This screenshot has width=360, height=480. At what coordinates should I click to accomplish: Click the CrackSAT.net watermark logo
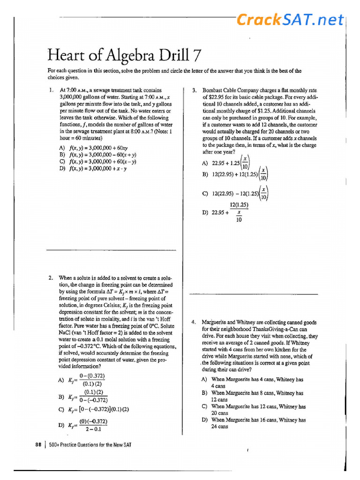click(290, 20)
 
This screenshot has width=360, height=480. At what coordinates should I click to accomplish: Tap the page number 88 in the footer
click(38, 444)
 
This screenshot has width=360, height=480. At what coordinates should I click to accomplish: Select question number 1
click(51, 90)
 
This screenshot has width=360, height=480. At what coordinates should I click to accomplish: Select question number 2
click(51, 278)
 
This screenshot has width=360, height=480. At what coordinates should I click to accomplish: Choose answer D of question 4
click(253, 423)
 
